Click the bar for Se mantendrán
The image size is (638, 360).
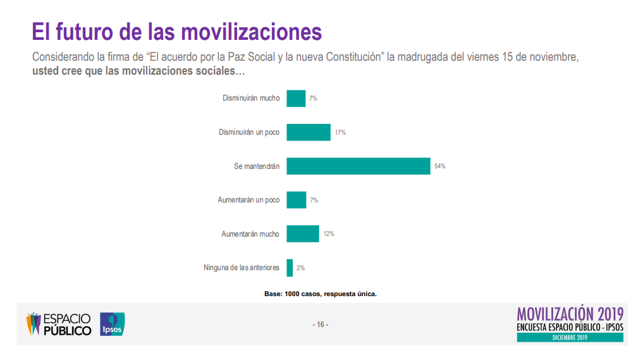click(358, 166)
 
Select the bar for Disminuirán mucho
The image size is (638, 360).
click(296, 98)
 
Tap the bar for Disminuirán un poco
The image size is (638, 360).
click(309, 132)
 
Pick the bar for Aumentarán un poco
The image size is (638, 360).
click(296, 200)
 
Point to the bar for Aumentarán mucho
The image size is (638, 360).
click(303, 233)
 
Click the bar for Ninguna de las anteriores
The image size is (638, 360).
click(290, 268)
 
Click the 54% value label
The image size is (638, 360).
click(440, 166)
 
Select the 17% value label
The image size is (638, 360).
click(340, 132)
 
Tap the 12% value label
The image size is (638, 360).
click(329, 234)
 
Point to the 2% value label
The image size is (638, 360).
click(300, 268)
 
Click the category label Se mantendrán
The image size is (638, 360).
click(257, 166)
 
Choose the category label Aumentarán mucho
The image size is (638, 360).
click(250, 234)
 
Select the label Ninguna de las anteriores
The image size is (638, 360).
click(242, 268)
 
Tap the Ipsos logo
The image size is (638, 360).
click(113, 324)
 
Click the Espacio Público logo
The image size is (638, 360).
click(59, 324)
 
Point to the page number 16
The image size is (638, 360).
click(320, 325)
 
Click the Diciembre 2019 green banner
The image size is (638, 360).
click(570, 338)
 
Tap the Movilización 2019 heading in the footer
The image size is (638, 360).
click(570, 314)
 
